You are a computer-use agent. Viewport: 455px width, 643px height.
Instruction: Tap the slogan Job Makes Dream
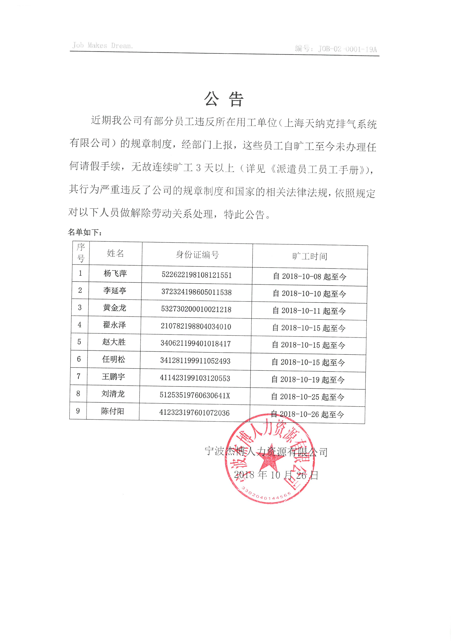click(x=103, y=45)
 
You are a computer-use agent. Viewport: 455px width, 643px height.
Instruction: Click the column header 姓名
click(x=115, y=253)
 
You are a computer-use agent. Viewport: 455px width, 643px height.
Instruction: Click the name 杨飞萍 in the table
click(x=115, y=273)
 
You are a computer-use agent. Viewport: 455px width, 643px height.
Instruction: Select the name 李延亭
click(x=115, y=290)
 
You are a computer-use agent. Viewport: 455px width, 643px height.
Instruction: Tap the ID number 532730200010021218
click(x=196, y=309)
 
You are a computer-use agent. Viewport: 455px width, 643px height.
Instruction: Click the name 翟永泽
click(x=114, y=325)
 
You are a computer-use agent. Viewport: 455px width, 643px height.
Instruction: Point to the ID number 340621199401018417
click(x=196, y=344)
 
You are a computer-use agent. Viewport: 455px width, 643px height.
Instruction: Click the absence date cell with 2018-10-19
click(x=308, y=380)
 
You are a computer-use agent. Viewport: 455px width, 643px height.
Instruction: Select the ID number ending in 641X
click(x=195, y=395)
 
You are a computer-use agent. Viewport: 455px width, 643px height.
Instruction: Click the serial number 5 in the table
click(x=79, y=342)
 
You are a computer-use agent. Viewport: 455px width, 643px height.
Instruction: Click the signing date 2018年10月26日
click(x=276, y=475)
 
